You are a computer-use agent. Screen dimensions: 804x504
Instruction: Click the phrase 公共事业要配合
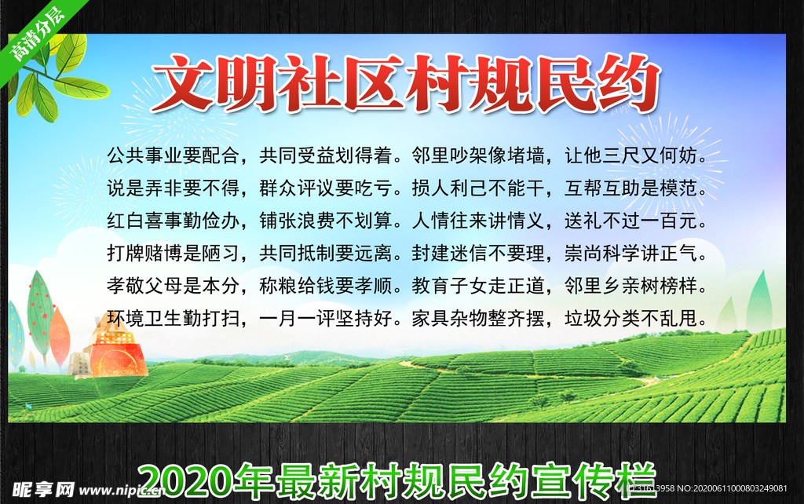pos(173,155)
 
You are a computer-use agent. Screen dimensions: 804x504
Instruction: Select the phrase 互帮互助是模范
pos(631,188)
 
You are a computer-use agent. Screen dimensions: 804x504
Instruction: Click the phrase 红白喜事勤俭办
pos(173,221)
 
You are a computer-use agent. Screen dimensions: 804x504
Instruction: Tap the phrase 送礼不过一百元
pos(631,221)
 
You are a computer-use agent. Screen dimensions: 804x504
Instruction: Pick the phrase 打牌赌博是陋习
pos(173,253)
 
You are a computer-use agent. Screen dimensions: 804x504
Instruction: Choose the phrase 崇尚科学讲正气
pos(631,253)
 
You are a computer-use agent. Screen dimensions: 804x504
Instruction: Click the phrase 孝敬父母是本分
pos(173,286)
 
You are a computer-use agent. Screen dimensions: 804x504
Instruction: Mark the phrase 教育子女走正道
pos(478,286)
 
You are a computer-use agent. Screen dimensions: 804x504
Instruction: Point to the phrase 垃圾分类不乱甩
pos(631,319)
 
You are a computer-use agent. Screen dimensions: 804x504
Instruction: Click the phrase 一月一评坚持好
pos(326,319)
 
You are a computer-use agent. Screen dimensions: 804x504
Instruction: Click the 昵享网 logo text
pos(43,490)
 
